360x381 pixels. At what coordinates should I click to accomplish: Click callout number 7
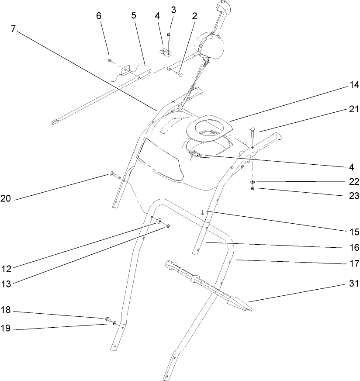pyautogui.click(x=13, y=30)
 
